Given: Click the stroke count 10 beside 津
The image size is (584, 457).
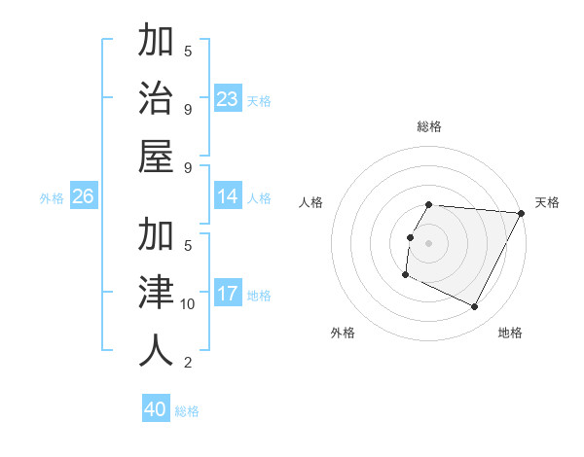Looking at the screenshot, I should point(188,304).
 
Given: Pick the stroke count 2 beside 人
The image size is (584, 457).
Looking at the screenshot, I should point(188,363).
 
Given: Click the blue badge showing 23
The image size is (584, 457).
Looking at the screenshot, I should point(228,99).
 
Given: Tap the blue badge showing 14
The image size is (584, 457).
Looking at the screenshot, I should point(228,197).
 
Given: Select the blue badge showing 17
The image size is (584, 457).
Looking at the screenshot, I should point(228,295).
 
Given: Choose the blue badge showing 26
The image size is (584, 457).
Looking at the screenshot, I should point(84,197).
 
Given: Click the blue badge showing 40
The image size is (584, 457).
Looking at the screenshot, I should point(156,410).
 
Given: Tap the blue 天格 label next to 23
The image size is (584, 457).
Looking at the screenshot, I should point(259,101).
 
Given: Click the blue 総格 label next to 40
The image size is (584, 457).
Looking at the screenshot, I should point(187,411).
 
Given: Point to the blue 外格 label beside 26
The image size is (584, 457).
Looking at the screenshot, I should point(52,198).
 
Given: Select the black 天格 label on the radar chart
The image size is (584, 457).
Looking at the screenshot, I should point(548,202).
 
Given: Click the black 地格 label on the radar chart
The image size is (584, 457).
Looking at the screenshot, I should point(510,333).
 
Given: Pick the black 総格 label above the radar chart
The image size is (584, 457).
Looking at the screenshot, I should point(429,126).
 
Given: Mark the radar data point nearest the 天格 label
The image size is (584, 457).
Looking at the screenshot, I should point(521,213).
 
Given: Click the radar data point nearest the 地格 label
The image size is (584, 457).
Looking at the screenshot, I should point(475,307).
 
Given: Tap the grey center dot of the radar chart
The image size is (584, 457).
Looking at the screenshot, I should point(429,243).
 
